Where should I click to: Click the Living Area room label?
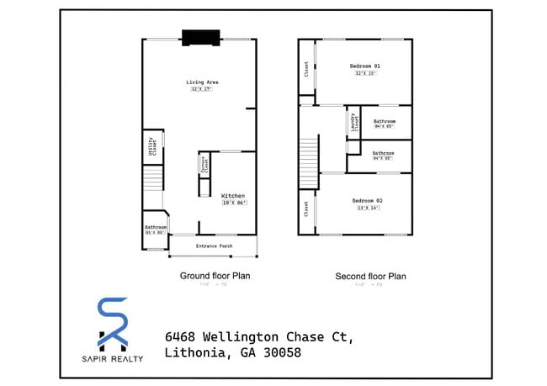(203, 82)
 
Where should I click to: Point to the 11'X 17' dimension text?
(201, 89)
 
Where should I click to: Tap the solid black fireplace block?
(201, 36)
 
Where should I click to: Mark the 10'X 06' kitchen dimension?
(232, 204)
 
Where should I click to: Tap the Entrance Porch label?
(214, 246)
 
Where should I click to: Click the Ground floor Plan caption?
(215, 275)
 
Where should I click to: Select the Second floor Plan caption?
(370, 276)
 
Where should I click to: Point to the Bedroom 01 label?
(366, 66)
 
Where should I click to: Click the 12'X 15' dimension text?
(366, 73)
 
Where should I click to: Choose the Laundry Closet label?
(353, 124)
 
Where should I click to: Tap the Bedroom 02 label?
(368, 199)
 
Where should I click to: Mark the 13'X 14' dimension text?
(368, 207)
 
